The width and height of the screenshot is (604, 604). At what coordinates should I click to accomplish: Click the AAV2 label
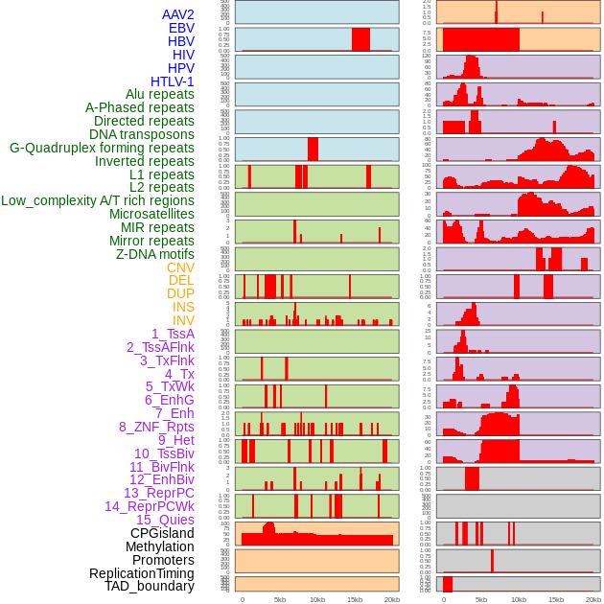[x=177, y=15]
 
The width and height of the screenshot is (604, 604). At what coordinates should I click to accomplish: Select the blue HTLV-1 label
[x=172, y=81]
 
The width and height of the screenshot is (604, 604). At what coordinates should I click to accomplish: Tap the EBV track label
[x=180, y=29]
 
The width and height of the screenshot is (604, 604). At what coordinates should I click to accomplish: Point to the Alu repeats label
[x=159, y=95]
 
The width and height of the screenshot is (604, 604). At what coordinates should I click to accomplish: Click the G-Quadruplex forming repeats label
[x=102, y=148]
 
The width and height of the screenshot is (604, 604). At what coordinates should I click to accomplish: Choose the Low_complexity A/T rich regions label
[x=98, y=200]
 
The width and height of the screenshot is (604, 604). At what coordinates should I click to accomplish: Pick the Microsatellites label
[x=151, y=214]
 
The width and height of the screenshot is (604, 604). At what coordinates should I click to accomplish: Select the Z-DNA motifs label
[x=155, y=254]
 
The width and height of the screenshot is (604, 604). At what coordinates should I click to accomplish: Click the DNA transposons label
[x=142, y=134]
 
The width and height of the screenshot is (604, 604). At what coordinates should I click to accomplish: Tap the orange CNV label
[x=180, y=267]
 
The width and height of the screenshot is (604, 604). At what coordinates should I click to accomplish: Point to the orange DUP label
[x=180, y=293]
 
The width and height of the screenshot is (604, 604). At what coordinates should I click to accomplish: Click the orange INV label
[x=182, y=320]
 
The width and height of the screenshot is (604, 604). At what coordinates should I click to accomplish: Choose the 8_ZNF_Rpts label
[x=156, y=427]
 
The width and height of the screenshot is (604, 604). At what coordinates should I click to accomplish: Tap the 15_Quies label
[x=164, y=520]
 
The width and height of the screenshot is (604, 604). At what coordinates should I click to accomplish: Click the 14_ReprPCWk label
[x=149, y=506]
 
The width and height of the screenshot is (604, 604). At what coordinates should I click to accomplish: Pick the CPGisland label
[x=162, y=533]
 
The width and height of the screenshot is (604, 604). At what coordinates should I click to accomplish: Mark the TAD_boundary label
[x=149, y=586]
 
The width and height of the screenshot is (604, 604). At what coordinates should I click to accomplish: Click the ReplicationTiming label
[x=141, y=573]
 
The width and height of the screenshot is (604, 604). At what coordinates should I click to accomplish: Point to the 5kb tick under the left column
[x=280, y=599]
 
